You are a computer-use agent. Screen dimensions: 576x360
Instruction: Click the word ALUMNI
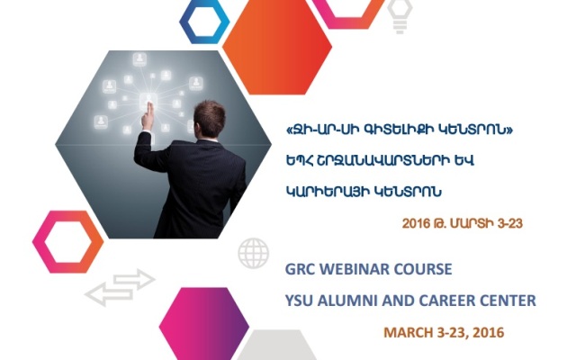coord(347,301)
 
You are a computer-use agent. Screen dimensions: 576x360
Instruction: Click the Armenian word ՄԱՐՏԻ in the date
coord(472,223)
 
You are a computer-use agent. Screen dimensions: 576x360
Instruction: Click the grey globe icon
coord(253,254)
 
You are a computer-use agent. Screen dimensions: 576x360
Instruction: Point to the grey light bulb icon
coord(400,16)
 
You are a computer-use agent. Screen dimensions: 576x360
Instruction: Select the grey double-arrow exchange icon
coord(120,287)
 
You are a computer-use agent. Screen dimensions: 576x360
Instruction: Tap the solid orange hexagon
coord(277,47)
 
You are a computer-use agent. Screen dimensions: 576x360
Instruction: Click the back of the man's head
coord(210,118)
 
